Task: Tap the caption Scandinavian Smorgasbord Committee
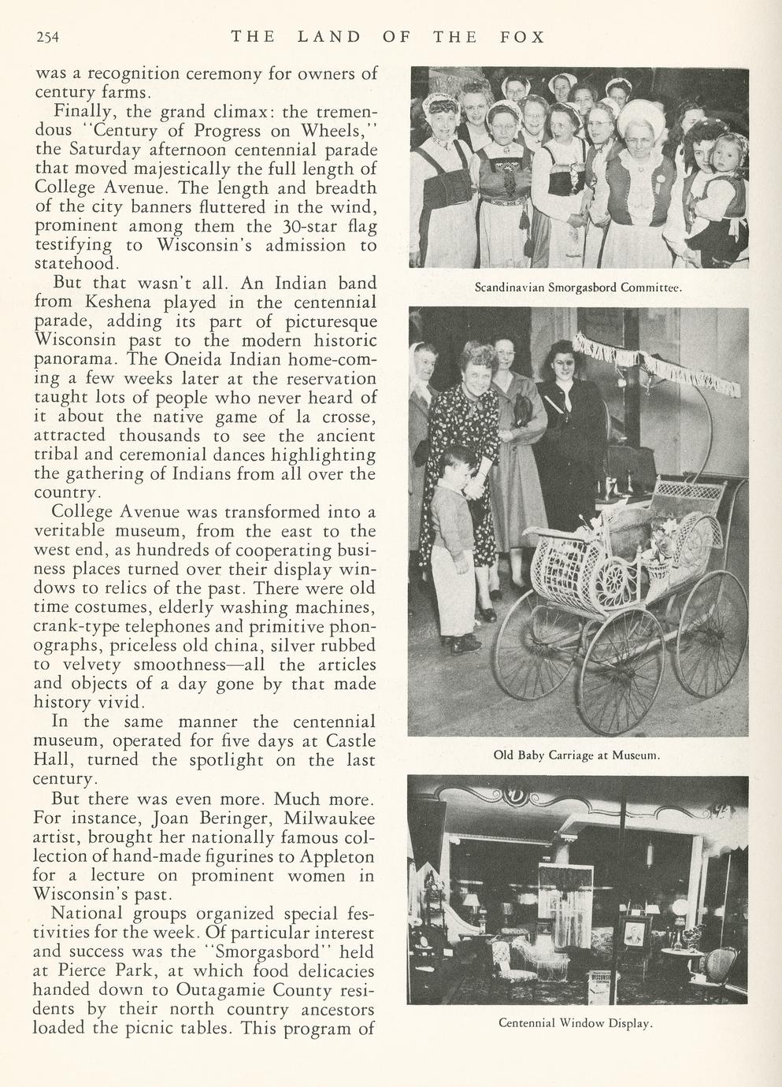pyautogui.click(x=577, y=288)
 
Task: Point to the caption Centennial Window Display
pyautogui.click(x=576, y=1023)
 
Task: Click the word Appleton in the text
pyautogui.click(x=335, y=856)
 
